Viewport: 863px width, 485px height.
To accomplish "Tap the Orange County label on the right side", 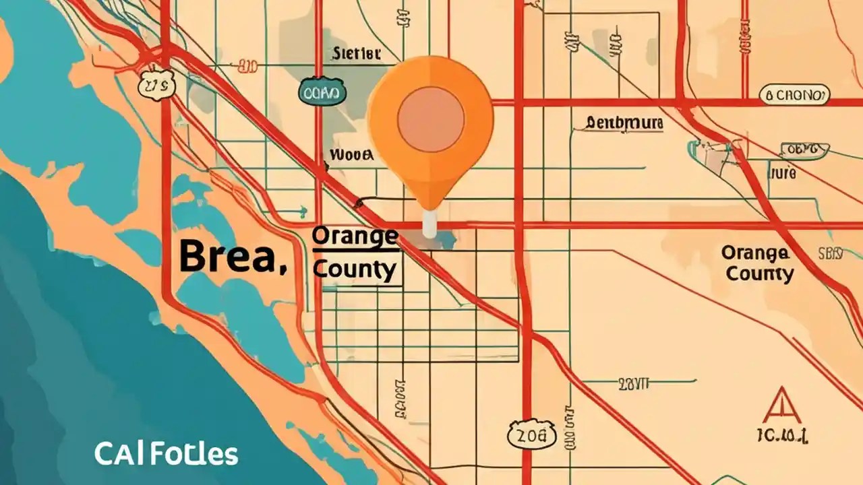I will [x=756, y=263].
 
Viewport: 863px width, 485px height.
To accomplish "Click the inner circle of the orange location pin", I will [x=431, y=119].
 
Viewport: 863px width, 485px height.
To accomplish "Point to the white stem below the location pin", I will [x=429, y=224].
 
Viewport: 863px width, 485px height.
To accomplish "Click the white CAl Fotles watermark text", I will [x=166, y=455].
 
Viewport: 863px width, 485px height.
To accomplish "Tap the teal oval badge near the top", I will [x=322, y=94].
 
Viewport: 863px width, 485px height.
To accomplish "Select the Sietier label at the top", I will [x=356, y=54].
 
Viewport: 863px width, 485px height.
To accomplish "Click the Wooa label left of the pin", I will [x=351, y=155].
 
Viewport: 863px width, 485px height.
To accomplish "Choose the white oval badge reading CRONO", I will [x=795, y=96].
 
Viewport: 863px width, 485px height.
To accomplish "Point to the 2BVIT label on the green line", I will [x=632, y=384].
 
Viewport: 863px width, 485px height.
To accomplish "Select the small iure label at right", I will [x=783, y=172].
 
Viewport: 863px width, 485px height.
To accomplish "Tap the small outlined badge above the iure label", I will [x=803, y=149].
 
